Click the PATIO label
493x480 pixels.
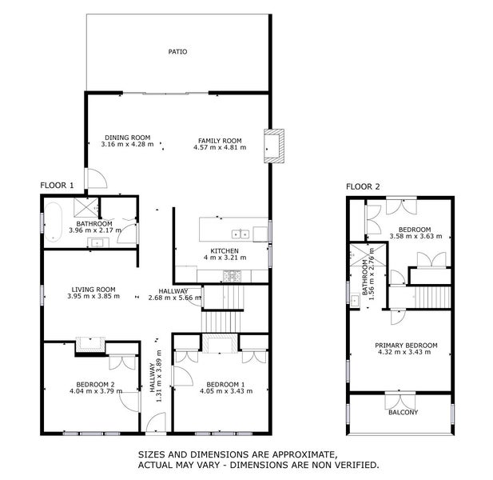coord(177,52)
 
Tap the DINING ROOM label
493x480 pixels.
coord(126,138)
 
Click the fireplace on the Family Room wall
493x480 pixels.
coord(273,146)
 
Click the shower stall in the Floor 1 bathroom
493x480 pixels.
coord(85,206)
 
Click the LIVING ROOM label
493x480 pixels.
coord(93,289)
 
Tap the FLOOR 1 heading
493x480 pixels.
coord(57,186)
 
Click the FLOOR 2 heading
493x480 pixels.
coord(363,187)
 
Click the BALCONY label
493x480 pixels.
coord(403,413)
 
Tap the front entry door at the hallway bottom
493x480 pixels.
coord(157,425)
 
